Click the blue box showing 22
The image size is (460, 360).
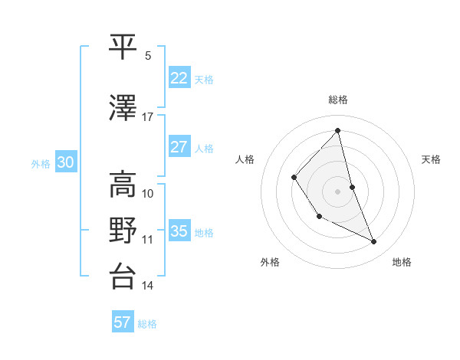pos(179,78)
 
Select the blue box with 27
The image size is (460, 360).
pos(179,147)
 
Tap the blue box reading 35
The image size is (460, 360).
pos(179,231)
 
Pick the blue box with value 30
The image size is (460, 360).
pos(65,162)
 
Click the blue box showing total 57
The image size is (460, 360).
pos(123,322)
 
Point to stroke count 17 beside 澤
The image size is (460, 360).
pos(147,117)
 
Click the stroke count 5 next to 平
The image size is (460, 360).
pos(148,56)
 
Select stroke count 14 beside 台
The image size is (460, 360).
pos(147,286)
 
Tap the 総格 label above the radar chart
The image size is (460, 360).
pos(338,100)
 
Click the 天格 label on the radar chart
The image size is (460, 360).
pos(431,159)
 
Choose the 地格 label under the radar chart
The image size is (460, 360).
pos(402,262)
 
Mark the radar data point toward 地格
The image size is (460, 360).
pos(374,242)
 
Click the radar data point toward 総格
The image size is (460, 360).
pos(338,130)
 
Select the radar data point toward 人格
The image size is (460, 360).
pos(294,177)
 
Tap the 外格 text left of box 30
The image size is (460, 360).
pos(41,163)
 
